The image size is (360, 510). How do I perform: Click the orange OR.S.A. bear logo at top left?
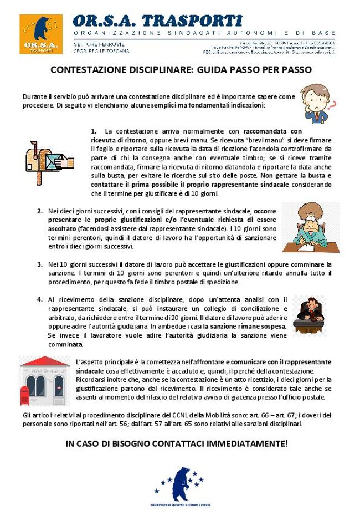click(38, 34)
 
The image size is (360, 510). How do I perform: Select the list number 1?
click(94, 131)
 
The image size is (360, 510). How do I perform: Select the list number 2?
click(40, 211)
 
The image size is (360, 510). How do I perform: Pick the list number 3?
click(40, 264)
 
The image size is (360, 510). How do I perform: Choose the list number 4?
click(40, 299)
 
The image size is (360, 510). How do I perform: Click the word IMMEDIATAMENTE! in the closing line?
click(248, 443)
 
